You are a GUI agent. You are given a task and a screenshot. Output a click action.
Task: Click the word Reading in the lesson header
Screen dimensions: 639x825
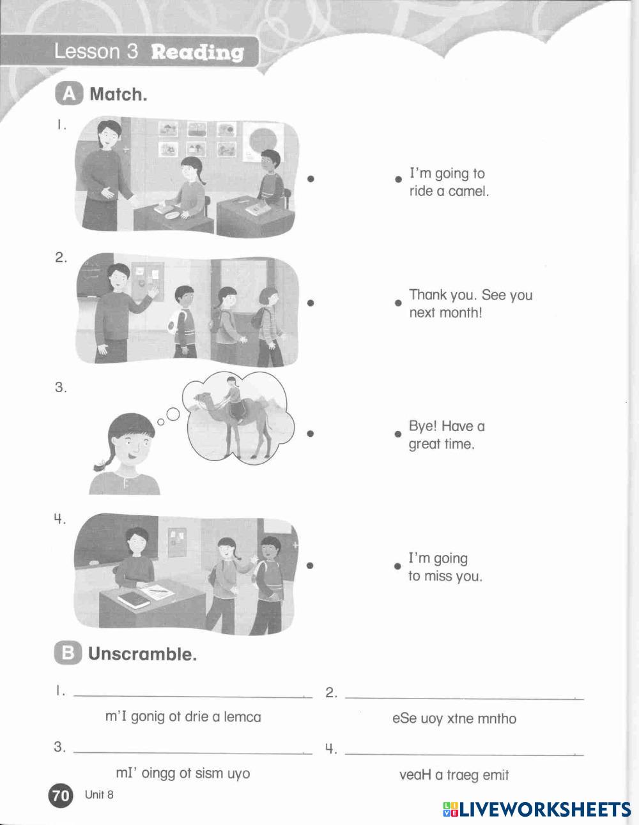[x=197, y=52]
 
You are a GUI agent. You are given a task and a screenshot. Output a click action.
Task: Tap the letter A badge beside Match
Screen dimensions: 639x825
[x=69, y=93]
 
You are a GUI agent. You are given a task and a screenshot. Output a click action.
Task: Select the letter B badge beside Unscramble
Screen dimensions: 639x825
[x=68, y=653]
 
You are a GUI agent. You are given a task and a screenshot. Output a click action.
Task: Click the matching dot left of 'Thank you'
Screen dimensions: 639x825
[x=398, y=303]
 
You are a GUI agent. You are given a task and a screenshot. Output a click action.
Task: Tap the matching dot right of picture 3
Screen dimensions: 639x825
[x=311, y=434]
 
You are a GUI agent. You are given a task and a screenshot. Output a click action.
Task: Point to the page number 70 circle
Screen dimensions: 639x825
[x=60, y=795]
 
